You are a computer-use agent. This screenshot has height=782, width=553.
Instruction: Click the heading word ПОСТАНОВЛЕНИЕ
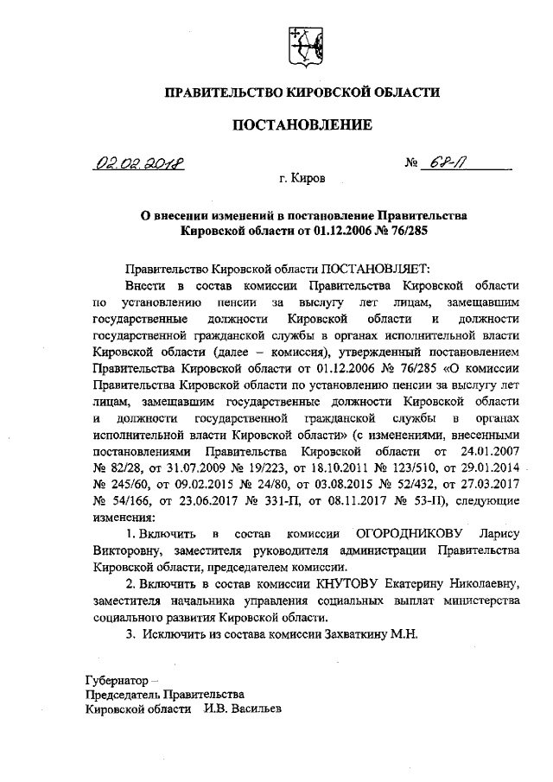click(x=303, y=125)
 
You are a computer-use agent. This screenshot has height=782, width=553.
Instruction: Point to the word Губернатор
click(x=116, y=679)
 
